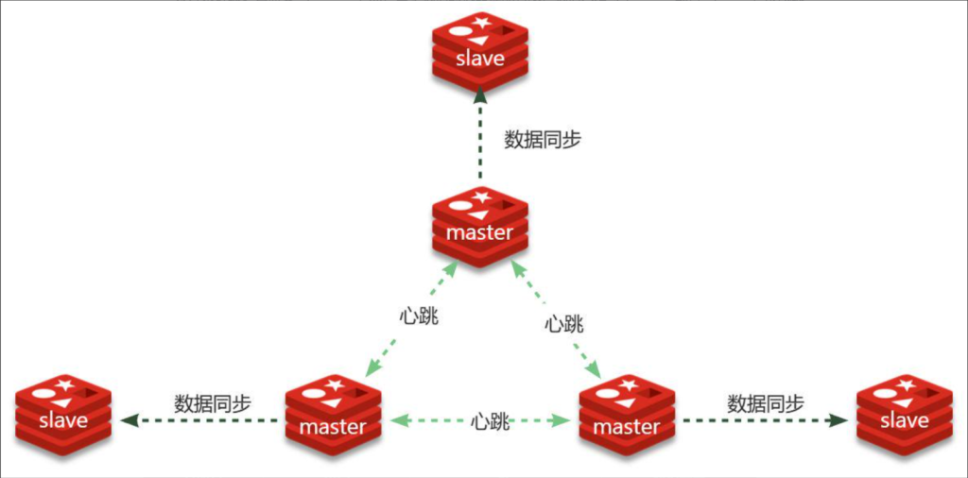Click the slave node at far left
pos(63,414)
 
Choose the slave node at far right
pos(904,414)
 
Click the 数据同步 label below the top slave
pos(543,140)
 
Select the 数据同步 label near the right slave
pos(766,401)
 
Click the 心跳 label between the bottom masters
pos(491,421)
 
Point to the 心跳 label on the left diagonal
pos(419,315)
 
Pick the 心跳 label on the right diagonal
pos(564,323)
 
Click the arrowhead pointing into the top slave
pos(479,94)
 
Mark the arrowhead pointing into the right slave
pos(838,419)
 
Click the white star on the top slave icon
pos(482,22)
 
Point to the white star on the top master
pos(482,196)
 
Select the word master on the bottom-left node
pos(332,427)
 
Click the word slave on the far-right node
pos(904,420)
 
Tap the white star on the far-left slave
pos(65,384)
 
